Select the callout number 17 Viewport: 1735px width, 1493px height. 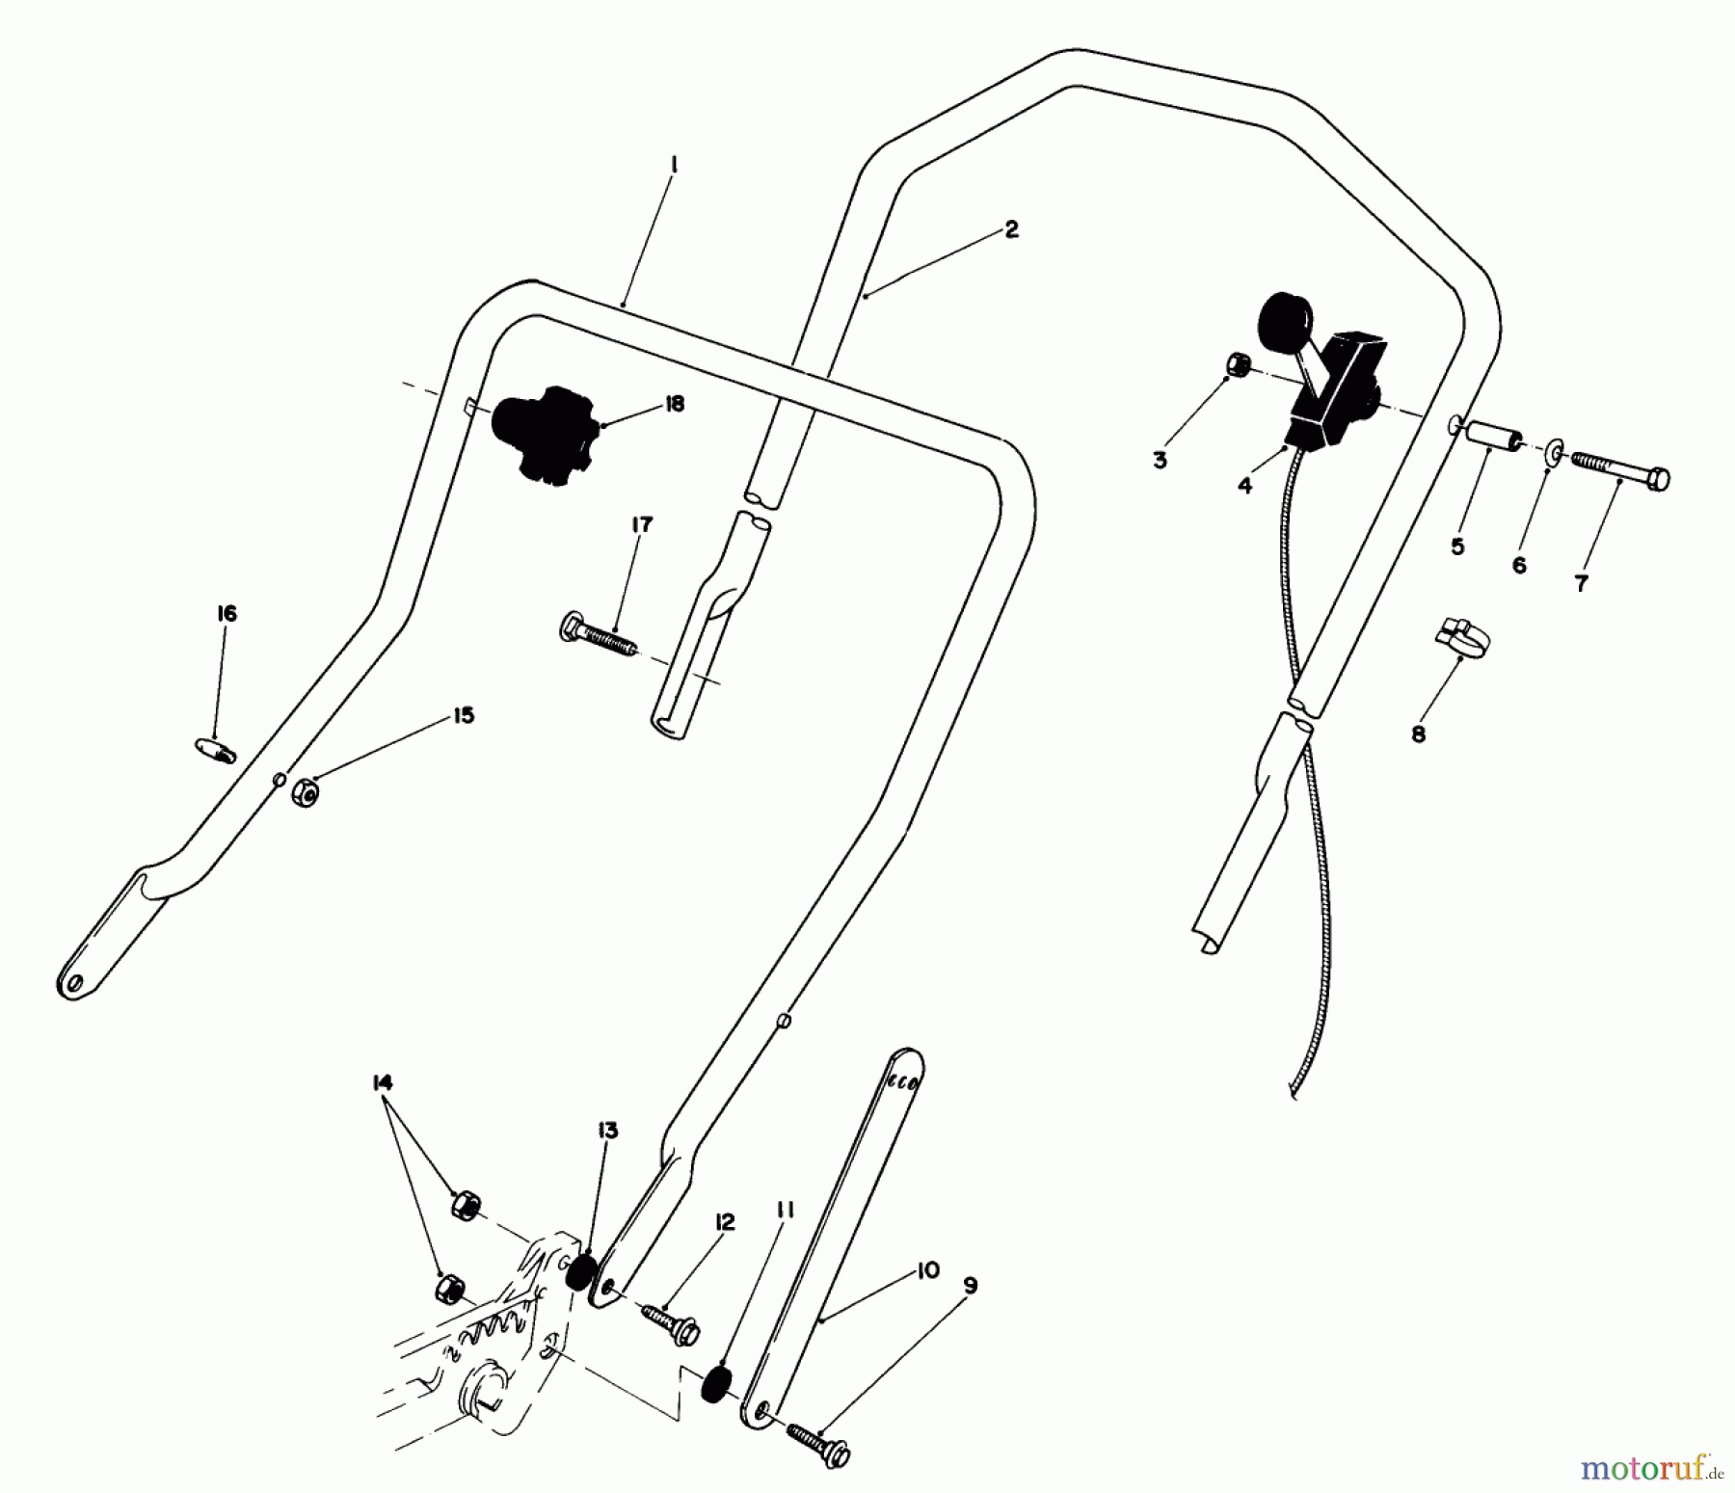point(642,524)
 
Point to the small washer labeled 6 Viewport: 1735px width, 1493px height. point(1555,452)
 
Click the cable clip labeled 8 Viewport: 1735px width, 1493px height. point(1455,638)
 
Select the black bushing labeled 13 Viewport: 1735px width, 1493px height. point(578,1272)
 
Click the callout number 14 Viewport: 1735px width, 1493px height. point(382,1083)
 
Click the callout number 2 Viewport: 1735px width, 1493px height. point(1009,228)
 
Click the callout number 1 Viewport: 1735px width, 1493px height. point(674,166)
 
